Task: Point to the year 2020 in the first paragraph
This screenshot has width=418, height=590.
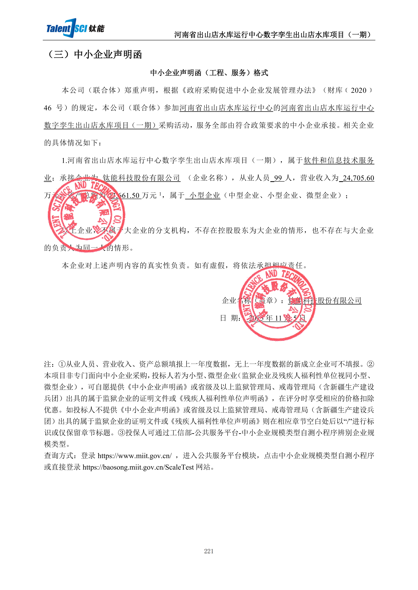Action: point(358,90)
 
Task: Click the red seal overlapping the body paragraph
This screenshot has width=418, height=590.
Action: point(86,215)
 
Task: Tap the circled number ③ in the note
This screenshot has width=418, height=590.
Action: point(122,433)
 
